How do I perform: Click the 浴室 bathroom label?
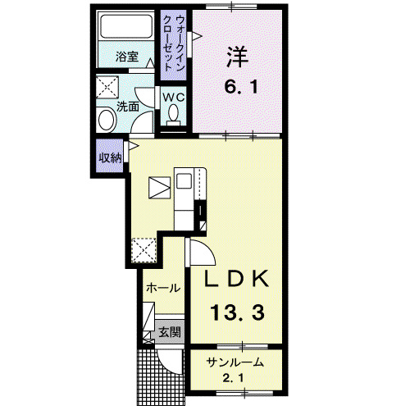(127, 57)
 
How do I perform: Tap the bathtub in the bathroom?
(126, 26)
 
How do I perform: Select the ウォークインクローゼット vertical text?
(173, 43)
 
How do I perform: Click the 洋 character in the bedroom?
(237, 57)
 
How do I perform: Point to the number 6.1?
(241, 87)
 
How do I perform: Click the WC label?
(174, 97)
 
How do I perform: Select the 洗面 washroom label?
(128, 107)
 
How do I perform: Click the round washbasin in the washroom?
(107, 120)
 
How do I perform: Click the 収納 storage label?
(110, 157)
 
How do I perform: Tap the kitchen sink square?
(184, 181)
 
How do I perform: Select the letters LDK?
(237, 279)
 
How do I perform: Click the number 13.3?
(237, 312)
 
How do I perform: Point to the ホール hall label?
(163, 288)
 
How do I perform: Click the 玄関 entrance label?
(170, 332)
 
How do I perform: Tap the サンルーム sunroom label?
(235, 362)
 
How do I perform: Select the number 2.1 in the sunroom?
(233, 379)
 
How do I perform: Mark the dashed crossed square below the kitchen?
(143, 250)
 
